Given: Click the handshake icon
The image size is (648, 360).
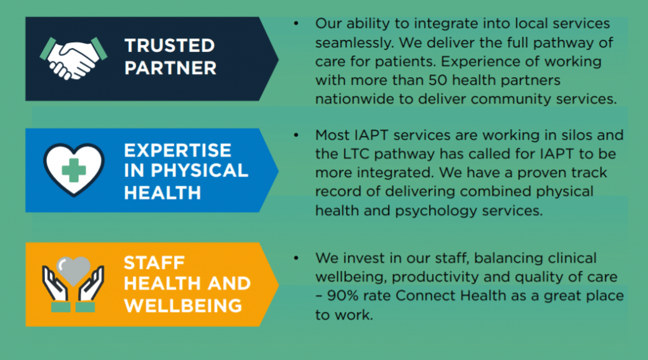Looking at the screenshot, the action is (x=73, y=58).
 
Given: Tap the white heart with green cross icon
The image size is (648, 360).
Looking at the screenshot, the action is (x=73, y=170).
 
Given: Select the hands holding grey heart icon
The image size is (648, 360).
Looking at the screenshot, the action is (x=73, y=284).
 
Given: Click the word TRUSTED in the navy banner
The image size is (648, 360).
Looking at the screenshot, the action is (x=170, y=46).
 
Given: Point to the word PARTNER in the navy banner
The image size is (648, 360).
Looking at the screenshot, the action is (x=170, y=68).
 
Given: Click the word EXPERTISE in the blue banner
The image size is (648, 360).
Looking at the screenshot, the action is (x=177, y=151).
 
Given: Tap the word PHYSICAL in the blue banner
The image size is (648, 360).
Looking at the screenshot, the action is (x=199, y=171).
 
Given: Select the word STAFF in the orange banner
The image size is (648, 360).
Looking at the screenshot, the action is (x=154, y=263).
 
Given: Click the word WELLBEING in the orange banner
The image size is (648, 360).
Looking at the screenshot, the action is (x=183, y=306).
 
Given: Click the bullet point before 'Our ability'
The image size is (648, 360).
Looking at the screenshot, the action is (x=296, y=23).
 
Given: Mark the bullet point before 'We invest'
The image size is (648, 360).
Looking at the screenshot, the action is (x=296, y=258).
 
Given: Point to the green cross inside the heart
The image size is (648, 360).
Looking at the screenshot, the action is (x=73, y=170).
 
